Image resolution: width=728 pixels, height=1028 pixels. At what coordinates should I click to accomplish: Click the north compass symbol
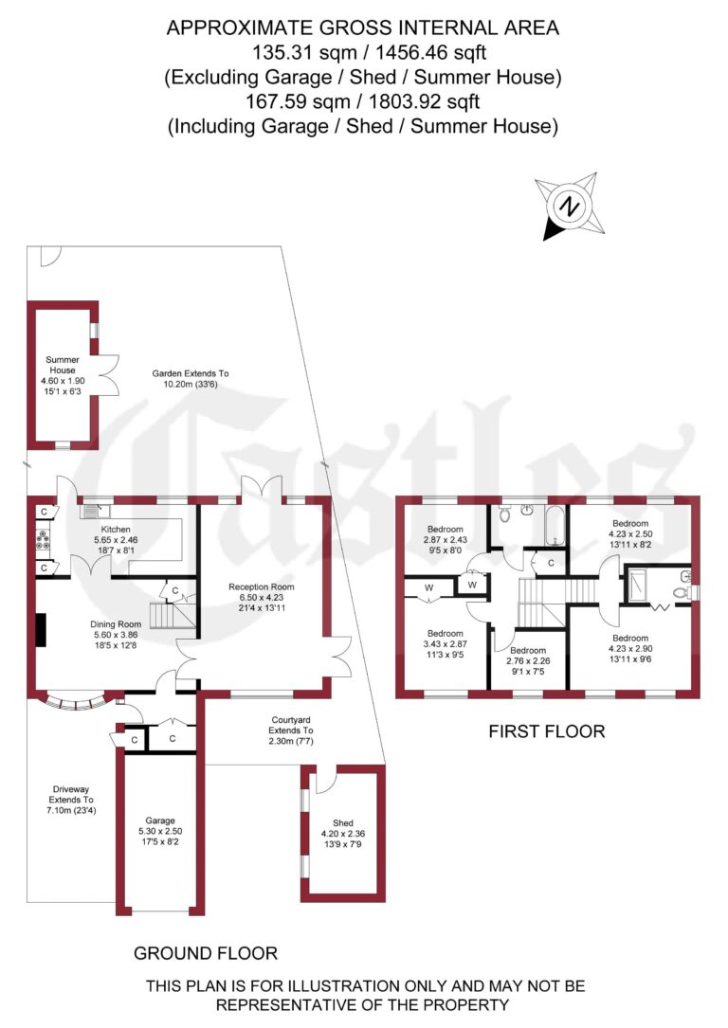[568, 205]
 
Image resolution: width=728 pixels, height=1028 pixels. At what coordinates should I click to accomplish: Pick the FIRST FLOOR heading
[546, 731]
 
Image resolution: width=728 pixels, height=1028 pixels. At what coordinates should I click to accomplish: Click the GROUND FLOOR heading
[206, 953]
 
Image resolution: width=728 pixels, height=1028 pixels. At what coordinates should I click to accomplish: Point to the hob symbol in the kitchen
[44, 540]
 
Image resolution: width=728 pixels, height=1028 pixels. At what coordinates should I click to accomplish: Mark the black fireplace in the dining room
[41, 630]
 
